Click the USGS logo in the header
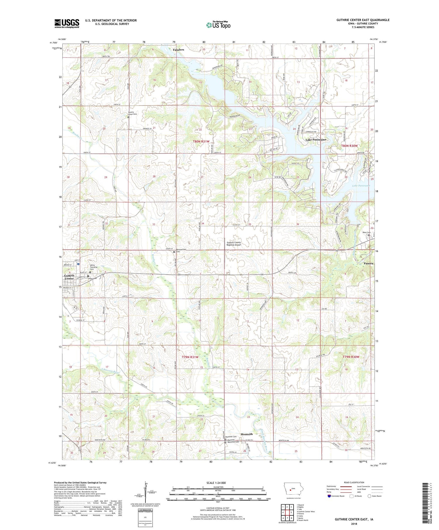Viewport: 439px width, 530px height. pyautogui.click(x=67, y=23)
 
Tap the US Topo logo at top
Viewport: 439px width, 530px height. pyautogui.click(x=218, y=25)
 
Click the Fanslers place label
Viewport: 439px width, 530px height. pyautogui.click(x=179, y=50)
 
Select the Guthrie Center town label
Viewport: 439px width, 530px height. pyautogui.click(x=69, y=277)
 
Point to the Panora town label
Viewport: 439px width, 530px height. pyautogui.click(x=368, y=263)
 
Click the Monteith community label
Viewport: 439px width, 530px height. pyautogui.click(x=246, y=434)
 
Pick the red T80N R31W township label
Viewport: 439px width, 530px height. pyautogui.click(x=201, y=141)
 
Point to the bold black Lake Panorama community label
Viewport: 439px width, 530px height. pyautogui.click(x=315, y=140)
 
